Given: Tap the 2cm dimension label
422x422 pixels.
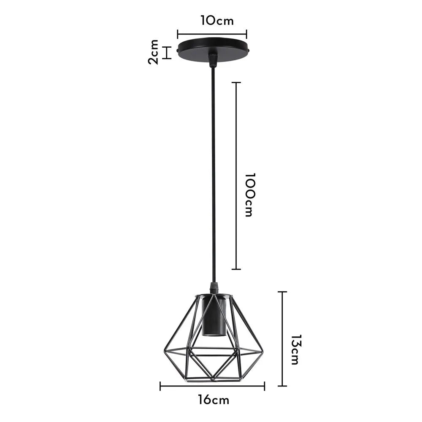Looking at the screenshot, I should tap(154, 52).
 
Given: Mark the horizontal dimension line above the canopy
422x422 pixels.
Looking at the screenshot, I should tap(212, 34).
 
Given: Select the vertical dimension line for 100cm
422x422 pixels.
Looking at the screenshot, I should tap(236, 176).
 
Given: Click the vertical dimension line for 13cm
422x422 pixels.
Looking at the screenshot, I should tap(282, 338).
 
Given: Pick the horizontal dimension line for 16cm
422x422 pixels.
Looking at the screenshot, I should tap(212, 386).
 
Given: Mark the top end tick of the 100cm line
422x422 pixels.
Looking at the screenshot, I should tap(236, 83).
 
